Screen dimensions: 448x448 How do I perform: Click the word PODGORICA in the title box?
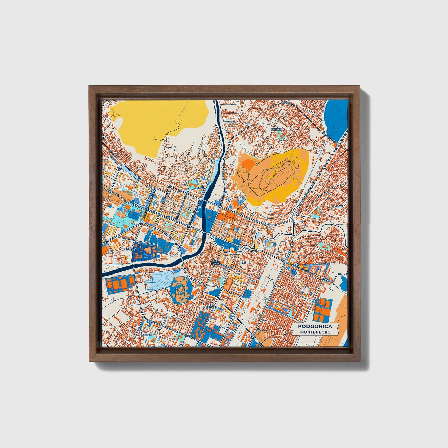pyautogui.click(x=315, y=326)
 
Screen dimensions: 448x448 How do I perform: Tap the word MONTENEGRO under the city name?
pyautogui.click(x=315, y=332)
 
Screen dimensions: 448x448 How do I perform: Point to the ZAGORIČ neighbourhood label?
pyautogui.click(x=276, y=129)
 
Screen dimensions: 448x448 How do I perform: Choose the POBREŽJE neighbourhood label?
pyautogui.click(x=209, y=307)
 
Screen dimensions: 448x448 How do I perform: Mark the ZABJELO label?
pyautogui.click(x=146, y=335)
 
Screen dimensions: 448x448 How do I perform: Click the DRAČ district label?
pyautogui.click(x=242, y=263)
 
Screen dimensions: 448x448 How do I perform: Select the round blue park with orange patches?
pyautogui.click(x=181, y=290)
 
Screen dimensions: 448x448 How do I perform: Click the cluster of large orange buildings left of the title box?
pyautogui.click(x=322, y=310)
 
